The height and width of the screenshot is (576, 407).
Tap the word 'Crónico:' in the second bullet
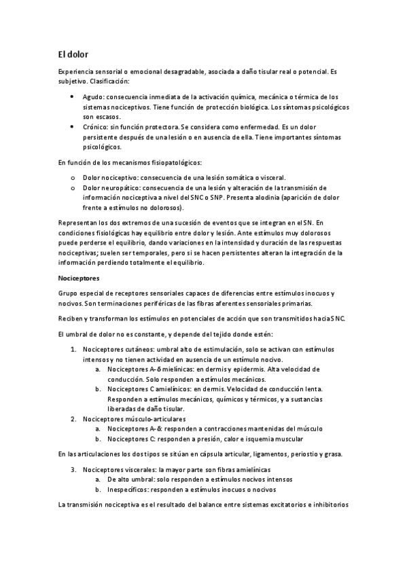point(97,127)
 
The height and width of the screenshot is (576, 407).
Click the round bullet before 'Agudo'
point(73,97)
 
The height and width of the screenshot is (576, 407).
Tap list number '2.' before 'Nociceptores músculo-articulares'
point(75,419)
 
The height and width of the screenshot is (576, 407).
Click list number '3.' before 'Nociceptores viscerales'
point(75,469)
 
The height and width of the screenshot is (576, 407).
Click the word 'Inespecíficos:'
point(128,489)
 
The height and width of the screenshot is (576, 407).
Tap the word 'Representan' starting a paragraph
point(79,223)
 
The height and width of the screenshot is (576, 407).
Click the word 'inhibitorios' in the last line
point(328,506)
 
